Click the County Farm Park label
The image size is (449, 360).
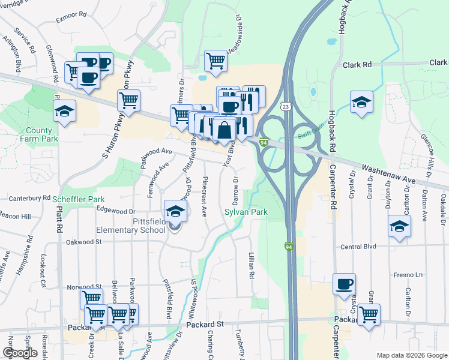point(43,134)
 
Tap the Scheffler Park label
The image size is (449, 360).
point(79,199)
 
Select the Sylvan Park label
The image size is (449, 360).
point(246,212)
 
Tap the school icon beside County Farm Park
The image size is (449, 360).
point(64,111)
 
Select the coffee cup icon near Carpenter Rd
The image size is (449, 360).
point(344,284)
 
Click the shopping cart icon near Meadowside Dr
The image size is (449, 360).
point(215,59)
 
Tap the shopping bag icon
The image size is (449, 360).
point(224,130)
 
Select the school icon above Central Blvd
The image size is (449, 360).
point(398,227)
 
